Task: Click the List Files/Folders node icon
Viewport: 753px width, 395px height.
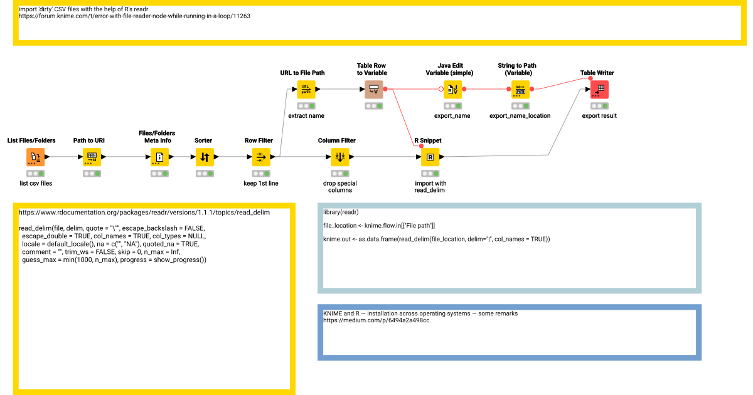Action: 35,157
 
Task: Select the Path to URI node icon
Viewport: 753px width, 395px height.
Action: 92,157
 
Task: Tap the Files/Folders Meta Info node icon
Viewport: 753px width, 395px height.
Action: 159,157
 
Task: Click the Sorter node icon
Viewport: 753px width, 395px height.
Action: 204,157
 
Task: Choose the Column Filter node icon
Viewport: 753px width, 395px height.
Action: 339,157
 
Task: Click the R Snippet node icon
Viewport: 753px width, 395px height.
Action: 430,157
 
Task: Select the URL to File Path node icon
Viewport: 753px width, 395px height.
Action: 306,89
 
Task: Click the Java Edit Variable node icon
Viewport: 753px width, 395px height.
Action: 452,89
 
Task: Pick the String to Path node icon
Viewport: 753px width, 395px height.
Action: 520,89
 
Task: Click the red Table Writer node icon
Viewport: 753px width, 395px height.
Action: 599,89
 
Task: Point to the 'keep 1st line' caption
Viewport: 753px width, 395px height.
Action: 260,184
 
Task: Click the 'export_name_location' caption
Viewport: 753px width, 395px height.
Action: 520,116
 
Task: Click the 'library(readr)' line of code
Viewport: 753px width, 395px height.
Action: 341,213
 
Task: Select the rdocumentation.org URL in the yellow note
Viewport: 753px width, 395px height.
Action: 144,213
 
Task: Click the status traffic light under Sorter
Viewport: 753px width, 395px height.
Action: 204,174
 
